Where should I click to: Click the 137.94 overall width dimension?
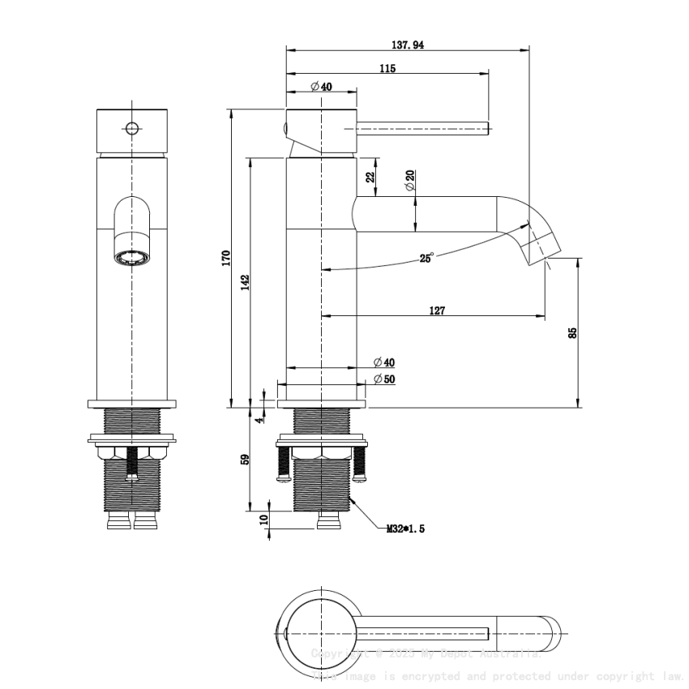pyautogui.click(x=406, y=45)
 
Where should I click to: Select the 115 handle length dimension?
pyautogui.click(x=387, y=69)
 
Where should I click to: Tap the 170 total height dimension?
pyautogui.click(x=227, y=258)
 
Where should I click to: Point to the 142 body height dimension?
pyautogui.click(x=245, y=282)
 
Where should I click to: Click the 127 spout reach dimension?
pyautogui.click(x=436, y=310)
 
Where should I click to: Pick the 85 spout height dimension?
pyautogui.click(x=572, y=332)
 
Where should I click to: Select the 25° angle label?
pyautogui.click(x=426, y=258)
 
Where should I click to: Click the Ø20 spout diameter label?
pyautogui.click(x=410, y=181)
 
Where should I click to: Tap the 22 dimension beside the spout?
pyautogui.click(x=370, y=178)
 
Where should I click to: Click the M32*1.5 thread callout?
pyautogui.click(x=405, y=529)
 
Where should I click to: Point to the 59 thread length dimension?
pyautogui.click(x=245, y=460)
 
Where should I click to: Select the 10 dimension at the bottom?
pyautogui.click(x=263, y=520)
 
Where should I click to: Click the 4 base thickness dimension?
pyautogui.click(x=259, y=419)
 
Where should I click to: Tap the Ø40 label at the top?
pyautogui.click(x=321, y=87)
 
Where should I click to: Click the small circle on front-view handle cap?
pyautogui.click(x=131, y=128)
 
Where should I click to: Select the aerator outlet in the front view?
pyautogui.click(x=132, y=259)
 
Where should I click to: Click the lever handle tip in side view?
pyautogui.click(x=484, y=127)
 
